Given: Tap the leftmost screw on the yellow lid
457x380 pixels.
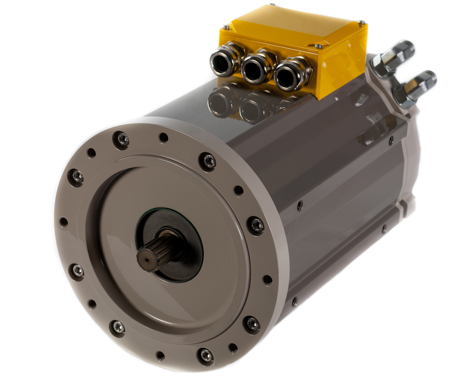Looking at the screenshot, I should [x=226, y=27].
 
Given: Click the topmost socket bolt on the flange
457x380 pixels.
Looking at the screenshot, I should [x=121, y=139].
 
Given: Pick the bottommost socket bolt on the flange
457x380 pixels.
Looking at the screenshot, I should [x=206, y=355].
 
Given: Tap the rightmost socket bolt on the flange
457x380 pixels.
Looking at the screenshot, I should [x=256, y=225].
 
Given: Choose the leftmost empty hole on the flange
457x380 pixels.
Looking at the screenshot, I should [x=64, y=222].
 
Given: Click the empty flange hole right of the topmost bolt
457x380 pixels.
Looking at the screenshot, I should [x=164, y=137].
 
